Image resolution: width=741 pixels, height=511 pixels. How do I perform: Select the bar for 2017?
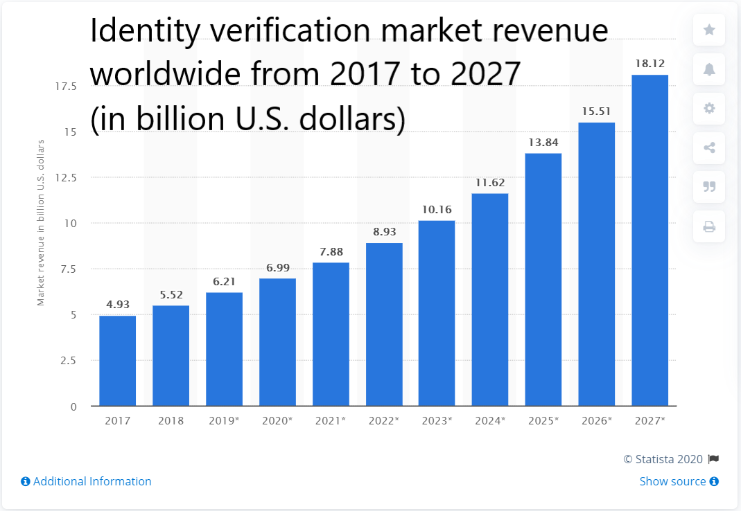[117, 360]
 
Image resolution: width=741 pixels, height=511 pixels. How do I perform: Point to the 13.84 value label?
[543, 143]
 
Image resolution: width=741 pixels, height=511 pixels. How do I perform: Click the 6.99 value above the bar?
[277, 268]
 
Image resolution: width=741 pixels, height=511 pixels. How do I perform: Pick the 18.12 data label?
[650, 64]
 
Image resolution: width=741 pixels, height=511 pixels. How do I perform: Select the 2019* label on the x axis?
[223, 420]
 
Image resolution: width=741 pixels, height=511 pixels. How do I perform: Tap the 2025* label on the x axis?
[543, 420]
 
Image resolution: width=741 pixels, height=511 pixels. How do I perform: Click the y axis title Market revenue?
[41, 222]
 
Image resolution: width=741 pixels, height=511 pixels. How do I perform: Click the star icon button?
[709, 30]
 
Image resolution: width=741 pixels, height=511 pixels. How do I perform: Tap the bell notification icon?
[709, 69]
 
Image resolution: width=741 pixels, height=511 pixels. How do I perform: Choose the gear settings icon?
[709, 109]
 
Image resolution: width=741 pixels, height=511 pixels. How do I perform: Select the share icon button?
[709, 148]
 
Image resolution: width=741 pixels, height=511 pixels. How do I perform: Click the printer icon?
[709, 226]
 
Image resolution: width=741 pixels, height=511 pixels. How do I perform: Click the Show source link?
[672, 481]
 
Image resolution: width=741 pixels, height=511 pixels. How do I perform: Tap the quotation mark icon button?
[709, 187]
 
